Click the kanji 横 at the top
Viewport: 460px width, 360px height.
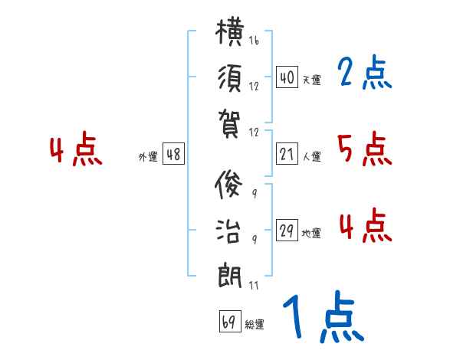229,32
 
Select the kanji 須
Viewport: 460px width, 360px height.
230,78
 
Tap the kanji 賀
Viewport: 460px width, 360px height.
229,124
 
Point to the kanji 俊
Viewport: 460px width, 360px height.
228,185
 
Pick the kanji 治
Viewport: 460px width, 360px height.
228,231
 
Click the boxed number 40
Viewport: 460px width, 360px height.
287,77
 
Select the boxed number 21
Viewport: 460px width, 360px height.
287,154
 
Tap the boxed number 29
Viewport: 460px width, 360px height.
287,230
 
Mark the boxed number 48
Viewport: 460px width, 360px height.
173,154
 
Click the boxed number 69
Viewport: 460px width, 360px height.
230,321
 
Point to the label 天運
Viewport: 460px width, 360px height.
312,80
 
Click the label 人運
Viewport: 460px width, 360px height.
312,156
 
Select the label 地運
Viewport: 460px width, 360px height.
311,233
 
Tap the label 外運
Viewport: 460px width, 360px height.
148,157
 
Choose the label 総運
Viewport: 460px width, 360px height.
255,325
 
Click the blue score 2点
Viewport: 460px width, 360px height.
365,72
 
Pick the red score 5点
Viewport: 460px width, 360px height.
365,149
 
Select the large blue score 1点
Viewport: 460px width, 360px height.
324,316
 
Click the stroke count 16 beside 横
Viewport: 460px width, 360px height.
254,40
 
